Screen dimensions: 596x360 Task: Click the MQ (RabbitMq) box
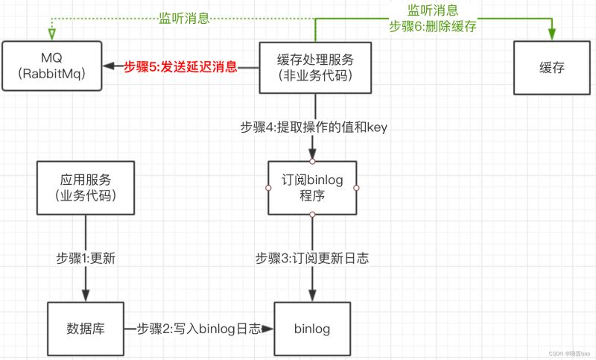[52, 66]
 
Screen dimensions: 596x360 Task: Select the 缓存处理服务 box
[315, 68]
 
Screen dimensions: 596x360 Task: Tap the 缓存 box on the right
[552, 68]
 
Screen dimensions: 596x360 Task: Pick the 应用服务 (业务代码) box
[86, 188]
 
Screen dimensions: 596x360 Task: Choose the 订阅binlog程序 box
[312, 188]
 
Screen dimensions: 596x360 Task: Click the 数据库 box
[86, 329]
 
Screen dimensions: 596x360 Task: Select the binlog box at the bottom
[312, 329]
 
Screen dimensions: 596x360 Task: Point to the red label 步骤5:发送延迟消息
[180, 66]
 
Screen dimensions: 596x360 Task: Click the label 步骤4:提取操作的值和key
[314, 127]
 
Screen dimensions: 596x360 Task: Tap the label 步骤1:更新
[86, 258]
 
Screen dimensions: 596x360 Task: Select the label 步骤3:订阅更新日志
[312, 258]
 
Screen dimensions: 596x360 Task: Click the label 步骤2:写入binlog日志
[199, 329]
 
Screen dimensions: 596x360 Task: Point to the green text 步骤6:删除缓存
[433, 26]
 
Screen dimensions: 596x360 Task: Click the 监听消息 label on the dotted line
[184, 18]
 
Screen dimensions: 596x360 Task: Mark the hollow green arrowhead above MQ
[52, 34]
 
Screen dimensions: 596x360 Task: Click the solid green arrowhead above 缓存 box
[552, 34]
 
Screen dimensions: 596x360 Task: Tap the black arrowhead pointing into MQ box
[108, 66]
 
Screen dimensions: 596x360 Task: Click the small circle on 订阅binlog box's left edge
[268, 188]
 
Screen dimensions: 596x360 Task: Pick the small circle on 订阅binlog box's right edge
[356, 188]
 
